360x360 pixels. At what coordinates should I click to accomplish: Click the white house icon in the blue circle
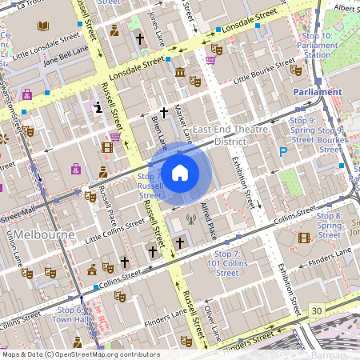(x=180, y=172)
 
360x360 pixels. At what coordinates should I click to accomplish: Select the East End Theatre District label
(x=230, y=135)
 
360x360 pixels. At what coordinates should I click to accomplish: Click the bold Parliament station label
(x=318, y=92)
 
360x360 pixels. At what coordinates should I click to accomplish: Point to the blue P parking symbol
(x=282, y=151)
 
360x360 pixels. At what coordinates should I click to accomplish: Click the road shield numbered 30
(x=318, y=310)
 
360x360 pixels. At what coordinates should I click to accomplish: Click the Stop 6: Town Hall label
(x=70, y=314)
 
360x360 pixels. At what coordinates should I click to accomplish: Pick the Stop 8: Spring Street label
(x=328, y=221)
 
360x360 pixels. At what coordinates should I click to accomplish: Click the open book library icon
(x=42, y=26)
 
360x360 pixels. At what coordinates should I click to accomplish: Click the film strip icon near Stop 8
(x=303, y=237)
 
